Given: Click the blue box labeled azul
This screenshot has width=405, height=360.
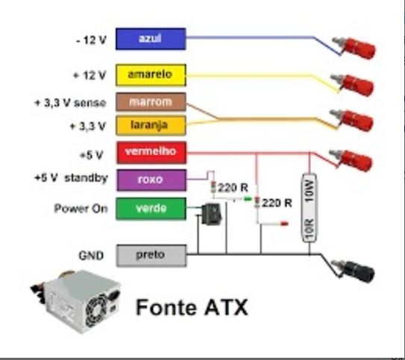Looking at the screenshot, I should click(151, 38).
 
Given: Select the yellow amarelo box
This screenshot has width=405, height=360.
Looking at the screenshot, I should click(151, 75).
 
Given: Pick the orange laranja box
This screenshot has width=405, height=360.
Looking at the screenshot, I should click(151, 124).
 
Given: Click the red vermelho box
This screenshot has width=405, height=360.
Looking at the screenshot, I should click(151, 152).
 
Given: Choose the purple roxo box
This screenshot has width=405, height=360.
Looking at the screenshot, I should click(151, 179).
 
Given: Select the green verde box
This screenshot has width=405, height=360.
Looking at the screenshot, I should click(151, 209).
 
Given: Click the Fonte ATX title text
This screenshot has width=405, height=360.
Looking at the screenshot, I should click(191, 307).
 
